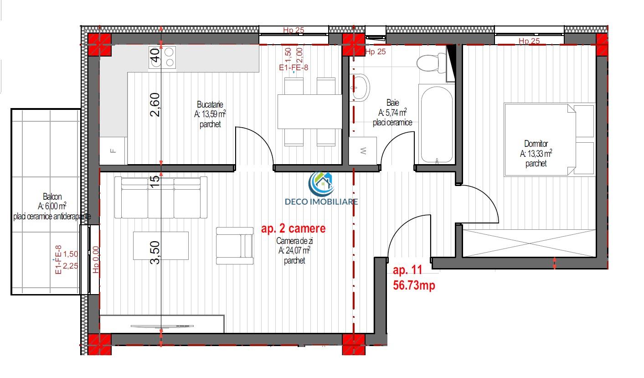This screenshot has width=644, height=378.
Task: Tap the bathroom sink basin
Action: pyautogui.click(x=360, y=88)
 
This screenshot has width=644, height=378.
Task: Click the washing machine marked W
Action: pyautogui.click(x=363, y=151)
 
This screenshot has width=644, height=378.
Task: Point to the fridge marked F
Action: pyautogui.click(x=113, y=151)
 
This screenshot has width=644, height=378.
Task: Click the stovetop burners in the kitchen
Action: pyautogui.click(x=162, y=57)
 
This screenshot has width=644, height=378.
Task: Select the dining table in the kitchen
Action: pyautogui.click(x=309, y=112)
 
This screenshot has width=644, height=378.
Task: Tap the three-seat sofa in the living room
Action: pyautogui.click(x=161, y=197)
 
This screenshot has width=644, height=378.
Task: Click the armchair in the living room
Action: pyautogui.click(x=235, y=246)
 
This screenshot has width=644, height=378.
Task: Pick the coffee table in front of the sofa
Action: pyautogui.click(x=161, y=246)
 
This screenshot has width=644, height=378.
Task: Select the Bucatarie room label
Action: pyautogui.click(x=210, y=104)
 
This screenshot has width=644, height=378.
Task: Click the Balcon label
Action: pyautogui.click(x=52, y=197)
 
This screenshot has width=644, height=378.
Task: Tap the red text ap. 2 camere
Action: pyautogui.click(x=293, y=228)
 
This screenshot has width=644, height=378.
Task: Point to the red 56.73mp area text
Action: pyautogui.click(x=414, y=285)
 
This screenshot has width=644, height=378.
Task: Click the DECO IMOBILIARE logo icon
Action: pyautogui.click(x=321, y=184)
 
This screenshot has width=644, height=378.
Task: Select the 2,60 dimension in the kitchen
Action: pyautogui.click(x=155, y=105)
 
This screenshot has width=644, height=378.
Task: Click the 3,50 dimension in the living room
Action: pyautogui.click(x=155, y=252)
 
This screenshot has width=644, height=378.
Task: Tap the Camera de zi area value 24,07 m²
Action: pyautogui.click(x=294, y=250)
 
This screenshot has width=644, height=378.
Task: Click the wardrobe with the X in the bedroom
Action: pyautogui.click(x=529, y=243)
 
